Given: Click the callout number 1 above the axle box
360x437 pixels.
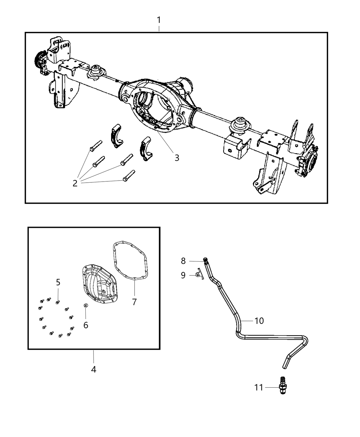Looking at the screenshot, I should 159,20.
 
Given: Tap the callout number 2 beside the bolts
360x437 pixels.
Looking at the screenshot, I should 75,183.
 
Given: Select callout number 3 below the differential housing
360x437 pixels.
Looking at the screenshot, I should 177,158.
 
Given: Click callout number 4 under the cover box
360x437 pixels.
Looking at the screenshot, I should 93,369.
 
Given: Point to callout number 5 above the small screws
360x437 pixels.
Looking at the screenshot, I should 58,282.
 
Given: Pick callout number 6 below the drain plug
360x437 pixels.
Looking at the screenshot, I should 86,325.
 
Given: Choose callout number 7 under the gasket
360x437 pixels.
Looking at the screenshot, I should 134,302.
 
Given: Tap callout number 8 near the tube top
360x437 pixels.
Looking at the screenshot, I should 183,261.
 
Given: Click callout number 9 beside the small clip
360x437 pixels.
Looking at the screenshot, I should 183,275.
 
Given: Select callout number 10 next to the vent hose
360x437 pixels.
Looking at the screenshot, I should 259,320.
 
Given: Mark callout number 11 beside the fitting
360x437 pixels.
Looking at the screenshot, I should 259,388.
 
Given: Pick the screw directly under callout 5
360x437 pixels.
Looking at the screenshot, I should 58,302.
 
